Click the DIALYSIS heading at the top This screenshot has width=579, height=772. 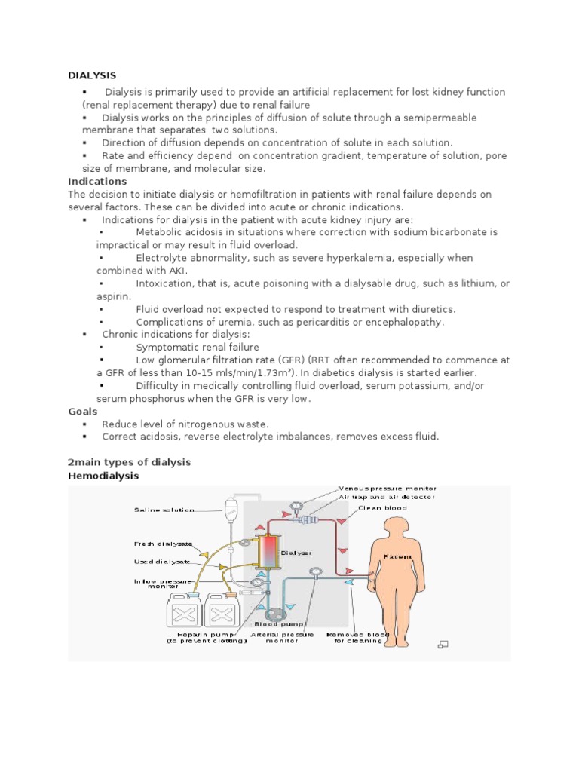coord(92,75)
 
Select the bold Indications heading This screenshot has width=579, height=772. coord(97,181)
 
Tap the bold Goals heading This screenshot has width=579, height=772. coord(82,412)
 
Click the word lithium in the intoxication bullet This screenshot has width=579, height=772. coord(483,283)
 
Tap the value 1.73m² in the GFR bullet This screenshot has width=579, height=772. coord(275,373)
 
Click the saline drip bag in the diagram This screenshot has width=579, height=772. coord(234,512)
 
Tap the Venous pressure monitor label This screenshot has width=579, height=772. coord(387,489)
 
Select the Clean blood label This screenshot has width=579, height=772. coord(388,508)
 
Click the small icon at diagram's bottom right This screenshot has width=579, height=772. coord(443,644)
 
